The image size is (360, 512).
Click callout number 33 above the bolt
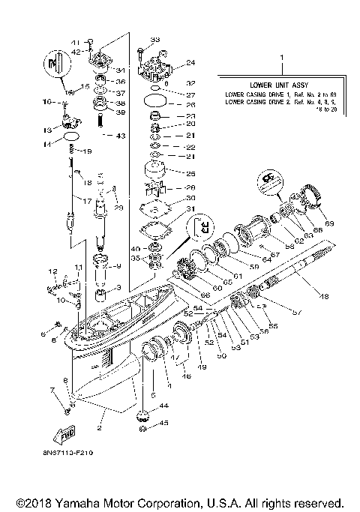coord(155,38)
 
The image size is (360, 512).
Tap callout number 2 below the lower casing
coord(98,428)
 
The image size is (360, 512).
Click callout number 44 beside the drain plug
coord(164,405)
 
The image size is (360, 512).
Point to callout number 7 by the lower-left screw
coord(52,390)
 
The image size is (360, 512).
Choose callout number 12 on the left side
coord(53,270)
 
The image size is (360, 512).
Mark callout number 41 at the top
coord(75,41)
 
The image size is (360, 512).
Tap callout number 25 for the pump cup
coord(190,173)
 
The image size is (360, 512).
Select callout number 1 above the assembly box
coord(281,56)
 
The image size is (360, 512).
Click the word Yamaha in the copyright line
coord(82,502)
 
